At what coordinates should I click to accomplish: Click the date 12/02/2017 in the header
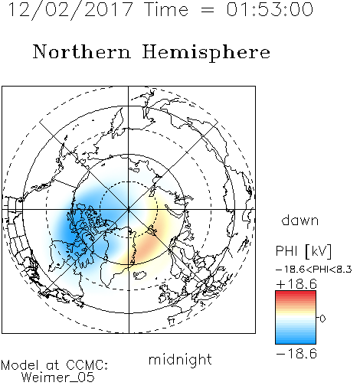(70, 10)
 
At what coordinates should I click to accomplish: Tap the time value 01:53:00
(270, 10)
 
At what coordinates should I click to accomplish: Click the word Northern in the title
(82, 52)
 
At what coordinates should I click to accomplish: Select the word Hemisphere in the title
(206, 53)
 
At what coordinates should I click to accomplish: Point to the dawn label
(300, 220)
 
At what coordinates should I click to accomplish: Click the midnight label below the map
(180, 360)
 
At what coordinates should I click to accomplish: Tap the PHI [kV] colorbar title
(303, 251)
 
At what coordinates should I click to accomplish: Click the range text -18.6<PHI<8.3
(314, 270)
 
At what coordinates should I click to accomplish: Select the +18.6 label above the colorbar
(296, 284)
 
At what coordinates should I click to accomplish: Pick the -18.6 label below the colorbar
(296, 354)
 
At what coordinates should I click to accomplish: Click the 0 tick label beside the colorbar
(322, 319)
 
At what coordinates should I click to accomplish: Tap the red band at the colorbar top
(296, 293)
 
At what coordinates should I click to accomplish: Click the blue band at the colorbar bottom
(296, 341)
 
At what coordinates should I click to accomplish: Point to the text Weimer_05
(58, 377)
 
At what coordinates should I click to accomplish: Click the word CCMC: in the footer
(87, 365)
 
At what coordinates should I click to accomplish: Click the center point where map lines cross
(129, 209)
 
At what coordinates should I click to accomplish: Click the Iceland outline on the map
(139, 275)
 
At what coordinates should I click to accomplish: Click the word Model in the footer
(21, 365)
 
